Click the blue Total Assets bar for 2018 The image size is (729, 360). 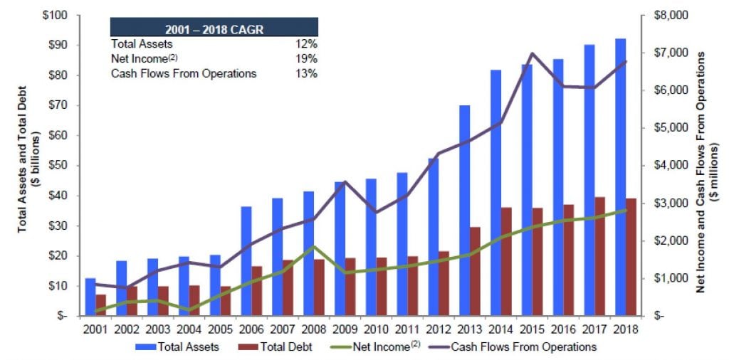(x=621, y=178)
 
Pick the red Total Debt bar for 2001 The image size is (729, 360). (x=101, y=305)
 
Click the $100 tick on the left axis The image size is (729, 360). (x=55, y=16)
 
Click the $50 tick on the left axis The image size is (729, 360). (x=58, y=166)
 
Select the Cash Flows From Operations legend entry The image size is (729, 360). (x=520, y=346)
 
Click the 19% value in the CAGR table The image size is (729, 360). (x=307, y=58)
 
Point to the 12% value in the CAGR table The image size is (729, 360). (x=307, y=43)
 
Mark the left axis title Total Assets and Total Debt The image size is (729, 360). (x=27, y=165)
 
